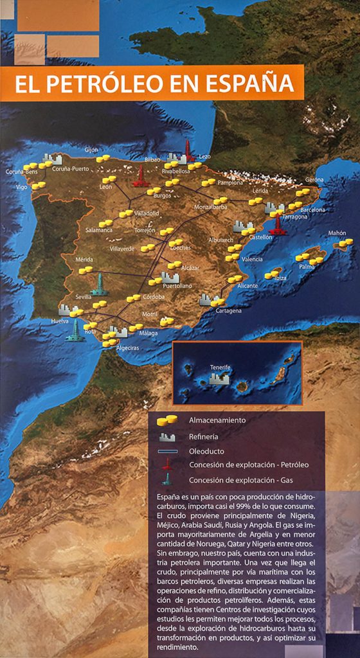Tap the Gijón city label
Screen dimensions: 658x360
(91, 150)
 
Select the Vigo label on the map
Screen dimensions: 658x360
(22, 187)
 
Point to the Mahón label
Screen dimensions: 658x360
(337, 233)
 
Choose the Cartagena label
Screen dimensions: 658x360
(228, 310)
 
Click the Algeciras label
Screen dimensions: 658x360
(126, 348)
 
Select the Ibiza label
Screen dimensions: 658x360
(280, 278)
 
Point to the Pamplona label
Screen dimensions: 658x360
(231, 182)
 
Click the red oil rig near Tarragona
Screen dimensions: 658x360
(278, 225)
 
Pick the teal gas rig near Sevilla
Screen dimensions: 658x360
(99, 284)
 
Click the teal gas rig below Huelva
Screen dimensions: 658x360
(75, 330)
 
